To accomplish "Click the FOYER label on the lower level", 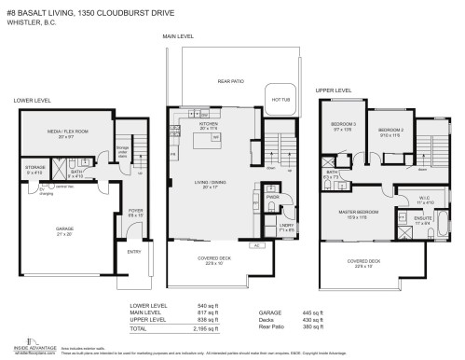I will [x=134, y=210].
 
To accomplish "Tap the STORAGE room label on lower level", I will [x=35, y=168].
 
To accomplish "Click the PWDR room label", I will [x=272, y=197].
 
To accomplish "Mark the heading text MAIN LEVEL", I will [x=177, y=36].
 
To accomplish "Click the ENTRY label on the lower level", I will [x=132, y=251].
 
